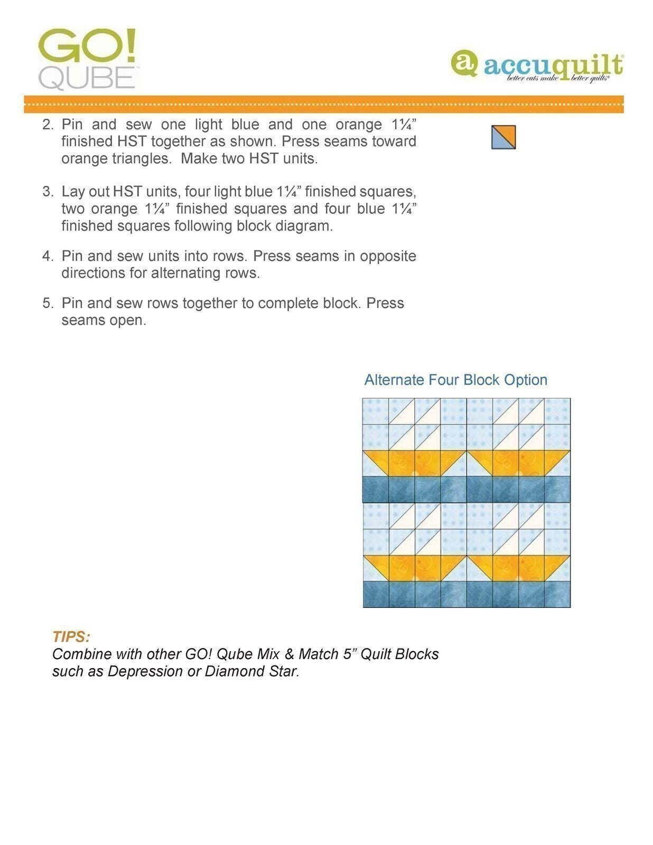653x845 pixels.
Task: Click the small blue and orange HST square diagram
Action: [503, 137]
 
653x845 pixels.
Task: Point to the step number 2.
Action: [48, 125]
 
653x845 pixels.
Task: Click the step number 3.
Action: [48, 192]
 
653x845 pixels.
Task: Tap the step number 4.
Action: [48, 256]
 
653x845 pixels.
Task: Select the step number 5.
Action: [48, 303]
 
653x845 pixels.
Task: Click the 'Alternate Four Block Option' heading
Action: [455, 380]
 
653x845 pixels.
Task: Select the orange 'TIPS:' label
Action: [71, 636]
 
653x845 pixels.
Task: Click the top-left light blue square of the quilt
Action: [376, 411]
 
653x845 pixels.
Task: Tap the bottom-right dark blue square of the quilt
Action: [557, 594]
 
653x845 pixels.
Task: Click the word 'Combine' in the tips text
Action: [81, 654]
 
